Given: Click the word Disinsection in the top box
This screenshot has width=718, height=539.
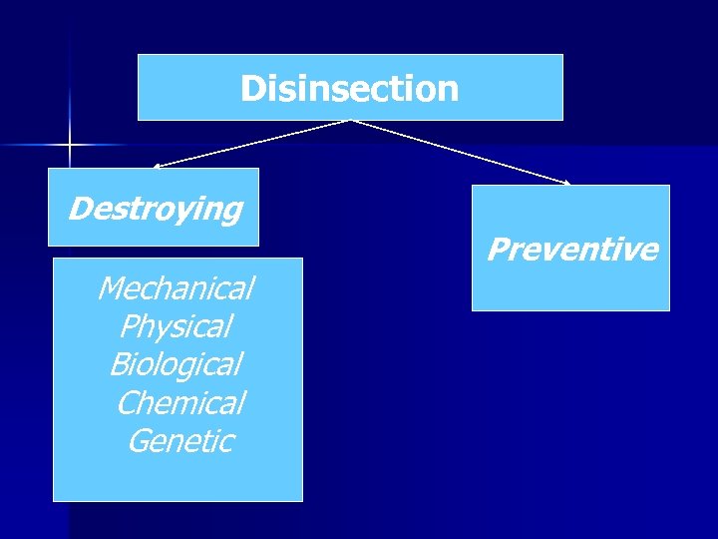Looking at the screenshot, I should pyautogui.click(x=349, y=89).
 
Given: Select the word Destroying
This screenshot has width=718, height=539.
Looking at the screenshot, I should pyautogui.click(x=155, y=210).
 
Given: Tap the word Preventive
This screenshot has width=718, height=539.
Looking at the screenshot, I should pyautogui.click(x=571, y=249).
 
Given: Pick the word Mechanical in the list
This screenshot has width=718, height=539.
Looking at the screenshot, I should pyautogui.click(x=175, y=288).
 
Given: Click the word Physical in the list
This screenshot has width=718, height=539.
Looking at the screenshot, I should pyautogui.click(x=175, y=326).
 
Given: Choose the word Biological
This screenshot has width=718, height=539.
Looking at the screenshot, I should pyautogui.click(x=175, y=364).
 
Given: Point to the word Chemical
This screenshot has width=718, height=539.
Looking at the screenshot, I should pyautogui.click(x=179, y=402).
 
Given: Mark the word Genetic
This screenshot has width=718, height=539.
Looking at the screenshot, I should pyautogui.click(x=179, y=440).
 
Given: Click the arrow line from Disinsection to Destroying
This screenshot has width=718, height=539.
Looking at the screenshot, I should pyautogui.click(x=249, y=143).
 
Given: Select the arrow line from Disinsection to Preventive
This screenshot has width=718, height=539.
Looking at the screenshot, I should pyautogui.click(x=459, y=152).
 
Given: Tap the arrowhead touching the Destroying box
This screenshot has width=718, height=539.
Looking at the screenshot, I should pyautogui.click(x=156, y=166).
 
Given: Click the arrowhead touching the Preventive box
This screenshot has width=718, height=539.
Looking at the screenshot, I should pyautogui.click(x=566, y=183).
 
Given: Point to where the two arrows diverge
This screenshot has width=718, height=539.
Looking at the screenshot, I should pyautogui.click(x=350, y=121).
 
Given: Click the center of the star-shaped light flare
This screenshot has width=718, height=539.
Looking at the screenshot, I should pyautogui.click(x=70, y=146).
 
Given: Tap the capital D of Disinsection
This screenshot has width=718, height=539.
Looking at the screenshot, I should pyautogui.click(x=251, y=89).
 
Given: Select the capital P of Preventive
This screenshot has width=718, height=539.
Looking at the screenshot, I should pyautogui.click(x=497, y=249).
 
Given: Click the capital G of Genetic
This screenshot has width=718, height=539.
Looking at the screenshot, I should pyautogui.click(x=139, y=440).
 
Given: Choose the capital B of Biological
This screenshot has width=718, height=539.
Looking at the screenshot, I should pyautogui.click(x=120, y=364).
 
